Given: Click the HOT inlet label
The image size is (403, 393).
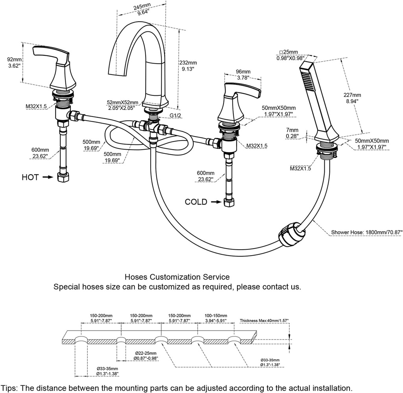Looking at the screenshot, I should point(30,177).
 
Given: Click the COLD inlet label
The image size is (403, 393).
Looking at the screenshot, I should point(196,202).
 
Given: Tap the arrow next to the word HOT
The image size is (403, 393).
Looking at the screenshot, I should point(47,177).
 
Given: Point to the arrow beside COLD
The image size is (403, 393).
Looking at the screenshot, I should point(216,202).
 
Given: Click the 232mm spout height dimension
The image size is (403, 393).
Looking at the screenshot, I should point(188,65).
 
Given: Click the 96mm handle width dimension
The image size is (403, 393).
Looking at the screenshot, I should point(243,75).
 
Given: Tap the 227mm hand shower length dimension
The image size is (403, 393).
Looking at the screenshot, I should point(352,98).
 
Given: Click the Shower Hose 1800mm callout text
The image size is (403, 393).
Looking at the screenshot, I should point(366,232).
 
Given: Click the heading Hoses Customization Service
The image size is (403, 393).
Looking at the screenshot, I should point(177,278).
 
